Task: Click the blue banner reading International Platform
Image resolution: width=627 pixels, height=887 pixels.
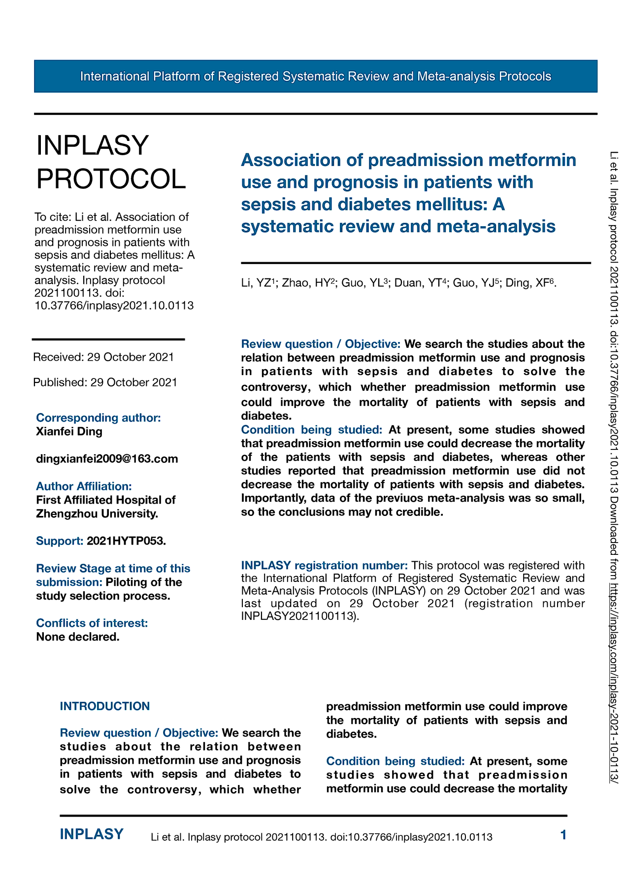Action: (315, 76)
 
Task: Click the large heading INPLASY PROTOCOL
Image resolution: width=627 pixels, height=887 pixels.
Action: (111, 162)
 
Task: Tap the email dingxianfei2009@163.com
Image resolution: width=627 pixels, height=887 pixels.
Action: (107, 459)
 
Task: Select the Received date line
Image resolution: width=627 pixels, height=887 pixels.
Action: (103, 357)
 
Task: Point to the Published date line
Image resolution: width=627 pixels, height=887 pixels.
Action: (105, 382)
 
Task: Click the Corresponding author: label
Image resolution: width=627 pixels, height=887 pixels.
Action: (99, 418)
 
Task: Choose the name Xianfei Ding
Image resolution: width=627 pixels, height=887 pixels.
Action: (69, 432)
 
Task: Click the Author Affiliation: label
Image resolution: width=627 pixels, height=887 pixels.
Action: (84, 486)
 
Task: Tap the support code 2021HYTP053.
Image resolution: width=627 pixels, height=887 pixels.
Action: (126, 541)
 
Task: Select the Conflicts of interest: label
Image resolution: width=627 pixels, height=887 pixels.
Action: (92, 623)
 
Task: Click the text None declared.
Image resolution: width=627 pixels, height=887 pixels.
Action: (78, 637)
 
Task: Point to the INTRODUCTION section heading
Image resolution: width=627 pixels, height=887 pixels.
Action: (105, 706)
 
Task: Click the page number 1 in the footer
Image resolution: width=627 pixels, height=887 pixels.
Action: (563, 835)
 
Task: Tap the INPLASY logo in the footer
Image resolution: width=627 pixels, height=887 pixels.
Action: (92, 834)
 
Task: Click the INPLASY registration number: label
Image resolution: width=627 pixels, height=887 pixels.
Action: (324, 565)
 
